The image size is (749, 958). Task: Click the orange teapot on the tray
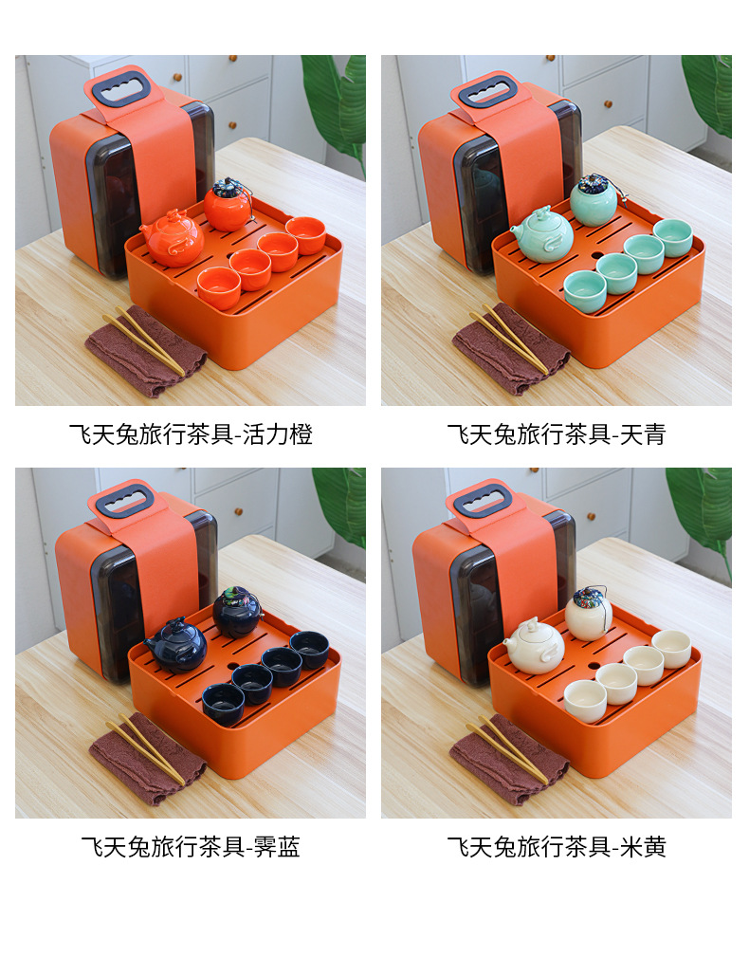click(173, 238)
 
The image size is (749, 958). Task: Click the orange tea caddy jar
click(228, 205)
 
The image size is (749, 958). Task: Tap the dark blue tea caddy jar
click(237, 612)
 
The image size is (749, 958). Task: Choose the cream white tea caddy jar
click(589, 613)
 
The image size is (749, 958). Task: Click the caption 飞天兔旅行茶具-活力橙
click(191, 434)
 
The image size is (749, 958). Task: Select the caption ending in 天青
click(556, 434)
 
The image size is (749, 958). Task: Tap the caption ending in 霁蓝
click(191, 847)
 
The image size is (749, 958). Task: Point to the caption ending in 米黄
click(556, 847)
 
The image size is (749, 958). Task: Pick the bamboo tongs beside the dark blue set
click(146, 748)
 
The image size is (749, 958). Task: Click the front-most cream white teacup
click(585, 701)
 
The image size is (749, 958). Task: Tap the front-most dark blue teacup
click(223, 704)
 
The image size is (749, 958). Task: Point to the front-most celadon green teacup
click(585, 291)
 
